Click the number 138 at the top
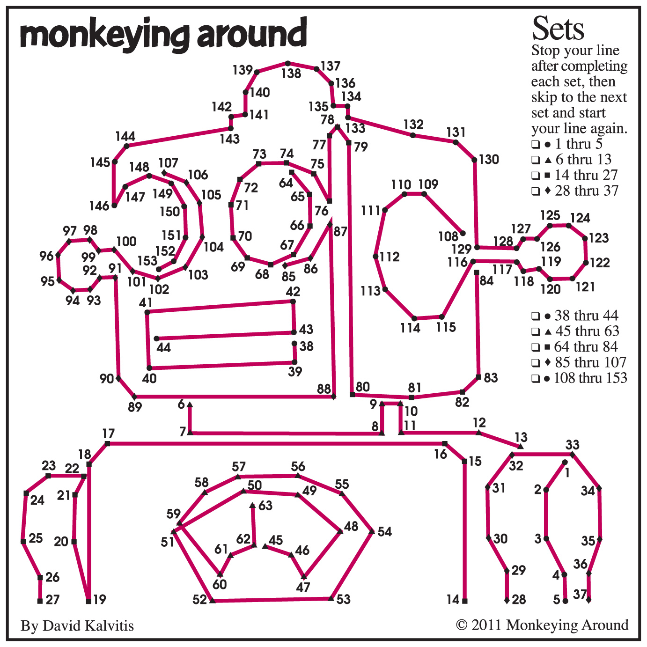tap(291, 73)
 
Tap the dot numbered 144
tap(126, 146)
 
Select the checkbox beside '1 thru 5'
tap(535, 144)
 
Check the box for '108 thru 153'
tap(535, 379)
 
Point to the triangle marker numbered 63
tap(252, 505)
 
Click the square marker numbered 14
tap(465, 601)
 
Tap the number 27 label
tap(53, 599)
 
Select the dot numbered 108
tap(463, 233)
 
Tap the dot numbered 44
tap(156, 338)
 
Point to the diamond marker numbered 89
tap(135, 397)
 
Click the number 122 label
tap(600, 263)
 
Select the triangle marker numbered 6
tap(190, 404)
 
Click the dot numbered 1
tap(565, 463)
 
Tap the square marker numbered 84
tap(476, 272)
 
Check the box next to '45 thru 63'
tap(535, 332)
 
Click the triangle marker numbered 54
tap(372, 531)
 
